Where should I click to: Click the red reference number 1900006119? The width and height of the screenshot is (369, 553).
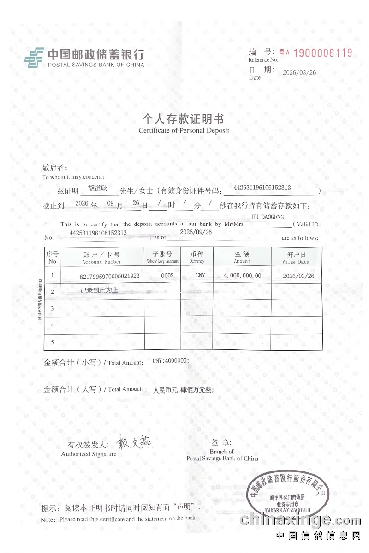pos(322,53)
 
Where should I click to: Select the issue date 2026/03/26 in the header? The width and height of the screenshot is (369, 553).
pos(299,73)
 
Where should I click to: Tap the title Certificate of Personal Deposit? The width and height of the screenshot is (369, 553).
pos(184,130)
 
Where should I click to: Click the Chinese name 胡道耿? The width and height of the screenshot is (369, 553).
pos(97,188)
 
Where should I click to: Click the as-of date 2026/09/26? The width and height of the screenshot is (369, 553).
pos(196,232)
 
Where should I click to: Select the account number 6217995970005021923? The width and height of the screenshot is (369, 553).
pos(110,276)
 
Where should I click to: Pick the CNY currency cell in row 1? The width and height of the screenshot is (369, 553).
pos(200,276)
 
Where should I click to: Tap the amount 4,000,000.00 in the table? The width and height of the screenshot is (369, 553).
pos(242,276)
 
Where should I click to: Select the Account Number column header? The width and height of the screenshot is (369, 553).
pos(101,258)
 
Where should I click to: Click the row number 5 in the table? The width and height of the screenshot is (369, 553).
pos(52,342)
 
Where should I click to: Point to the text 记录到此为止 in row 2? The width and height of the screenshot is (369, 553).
pos(99,290)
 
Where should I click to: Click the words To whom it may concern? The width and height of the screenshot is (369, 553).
pos(73,177)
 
